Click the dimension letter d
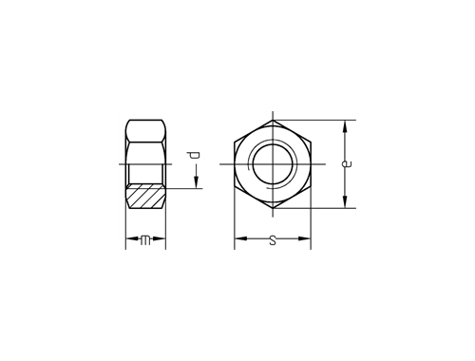click(x=193, y=156)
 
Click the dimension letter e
click(x=347, y=163)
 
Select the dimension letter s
click(x=273, y=240)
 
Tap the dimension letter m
click(x=145, y=240)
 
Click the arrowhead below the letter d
click(x=196, y=181)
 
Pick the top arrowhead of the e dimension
click(x=345, y=126)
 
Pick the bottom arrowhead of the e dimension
click(x=345, y=201)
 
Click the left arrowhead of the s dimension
click(x=240, y=238)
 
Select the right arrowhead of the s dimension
click(x=304, y=238)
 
